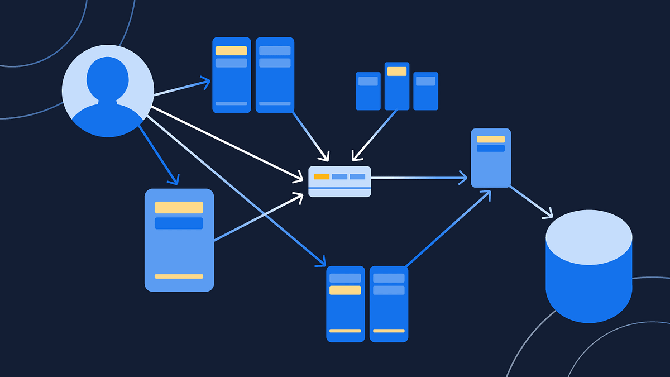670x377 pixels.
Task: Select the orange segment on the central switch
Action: tap(322, 176)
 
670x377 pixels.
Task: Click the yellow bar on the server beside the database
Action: tap(490, 139)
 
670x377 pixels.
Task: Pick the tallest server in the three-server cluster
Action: tap(397, 86)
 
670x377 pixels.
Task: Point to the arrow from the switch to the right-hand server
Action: tap(419, 178)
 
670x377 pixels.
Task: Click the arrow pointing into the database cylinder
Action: tap(530, 202)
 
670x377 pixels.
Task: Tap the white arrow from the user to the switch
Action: tap(223, 143)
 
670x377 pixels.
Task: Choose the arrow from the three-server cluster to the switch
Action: tap(375, 134)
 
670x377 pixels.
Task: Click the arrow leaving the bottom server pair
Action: tap(447, 229)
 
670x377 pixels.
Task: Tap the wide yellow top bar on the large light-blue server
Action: tap(179, 207)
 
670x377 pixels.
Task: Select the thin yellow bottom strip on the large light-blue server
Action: tap(179, 276)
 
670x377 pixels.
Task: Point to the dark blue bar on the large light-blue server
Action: tap(179, 223)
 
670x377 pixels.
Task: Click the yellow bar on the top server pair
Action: tap(231, 51)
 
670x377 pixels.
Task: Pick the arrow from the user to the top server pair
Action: tap(181, 88)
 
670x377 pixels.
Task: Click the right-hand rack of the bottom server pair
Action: tap(389, 304)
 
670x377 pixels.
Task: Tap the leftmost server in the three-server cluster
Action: tap(368, 91)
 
